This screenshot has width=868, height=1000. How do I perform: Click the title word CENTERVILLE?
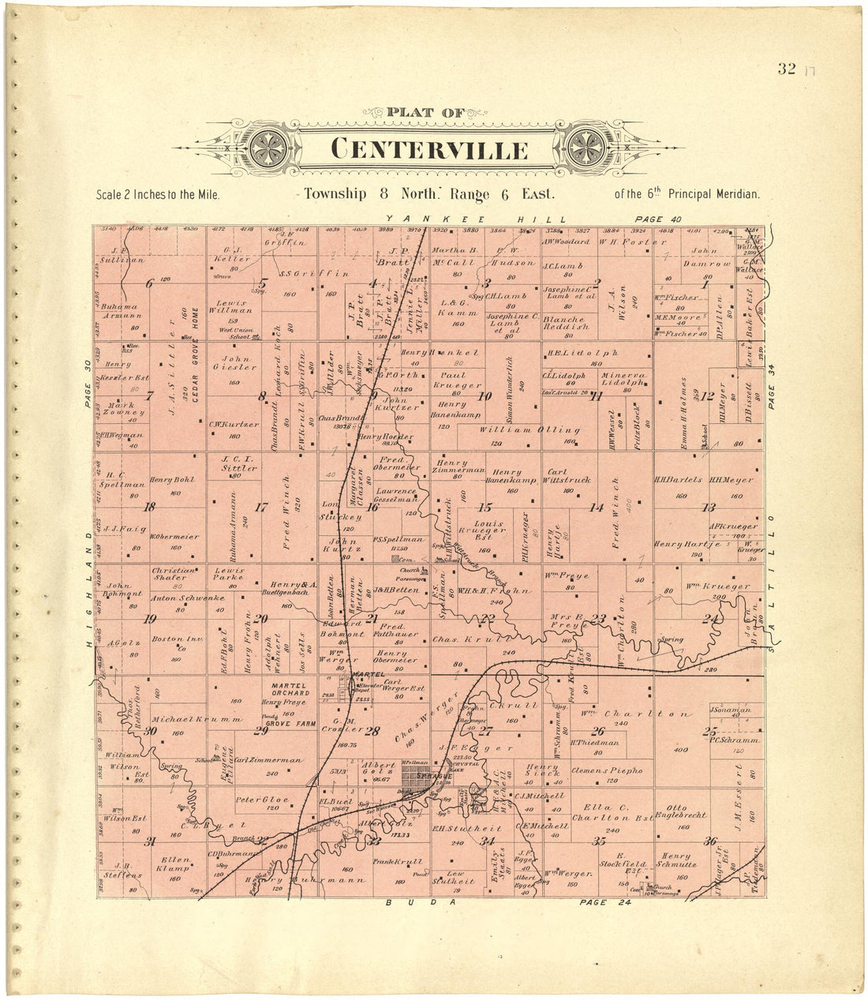429,148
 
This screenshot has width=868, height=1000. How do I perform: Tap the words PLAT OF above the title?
426,113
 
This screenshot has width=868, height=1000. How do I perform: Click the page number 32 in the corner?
786,69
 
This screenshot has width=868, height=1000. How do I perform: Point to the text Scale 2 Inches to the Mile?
157,194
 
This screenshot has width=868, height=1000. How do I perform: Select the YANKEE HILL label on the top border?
473,219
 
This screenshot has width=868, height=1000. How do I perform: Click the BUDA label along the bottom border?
421,901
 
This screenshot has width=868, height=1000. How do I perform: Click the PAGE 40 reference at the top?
659,219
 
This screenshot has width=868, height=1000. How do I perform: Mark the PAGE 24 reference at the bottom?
604,901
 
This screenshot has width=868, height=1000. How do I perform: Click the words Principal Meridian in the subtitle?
715,194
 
